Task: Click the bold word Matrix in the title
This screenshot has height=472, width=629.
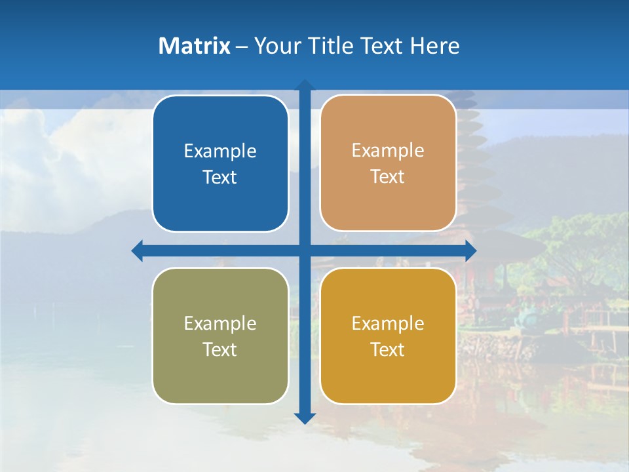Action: tap(194, 46)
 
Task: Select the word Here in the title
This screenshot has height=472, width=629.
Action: tap(435, 46)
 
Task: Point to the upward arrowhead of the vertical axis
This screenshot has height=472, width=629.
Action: tap(305, 85)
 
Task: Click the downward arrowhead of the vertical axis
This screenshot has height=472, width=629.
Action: tap(305, 418)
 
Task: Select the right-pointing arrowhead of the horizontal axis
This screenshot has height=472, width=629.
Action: tap(470, 250)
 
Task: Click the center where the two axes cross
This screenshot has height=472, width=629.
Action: tap(305, 250)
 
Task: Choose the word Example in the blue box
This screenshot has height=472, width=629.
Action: tap(220, 151)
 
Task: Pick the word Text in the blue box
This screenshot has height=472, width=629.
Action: tap(220, 178)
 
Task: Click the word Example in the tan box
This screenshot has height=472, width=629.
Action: tap(388, 151)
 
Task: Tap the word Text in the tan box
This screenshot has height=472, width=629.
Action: tap(388, 177)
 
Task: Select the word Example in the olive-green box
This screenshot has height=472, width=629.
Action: tap(220, 324)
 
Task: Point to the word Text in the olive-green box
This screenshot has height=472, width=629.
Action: tap(220, 350)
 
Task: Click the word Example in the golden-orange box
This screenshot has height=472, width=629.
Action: tap(388, 324)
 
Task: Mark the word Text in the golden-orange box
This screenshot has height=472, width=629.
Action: tap(388, 350)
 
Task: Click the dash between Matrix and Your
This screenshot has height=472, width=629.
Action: tap(242, 47)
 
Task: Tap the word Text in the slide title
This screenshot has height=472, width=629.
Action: tap(380, 46)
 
